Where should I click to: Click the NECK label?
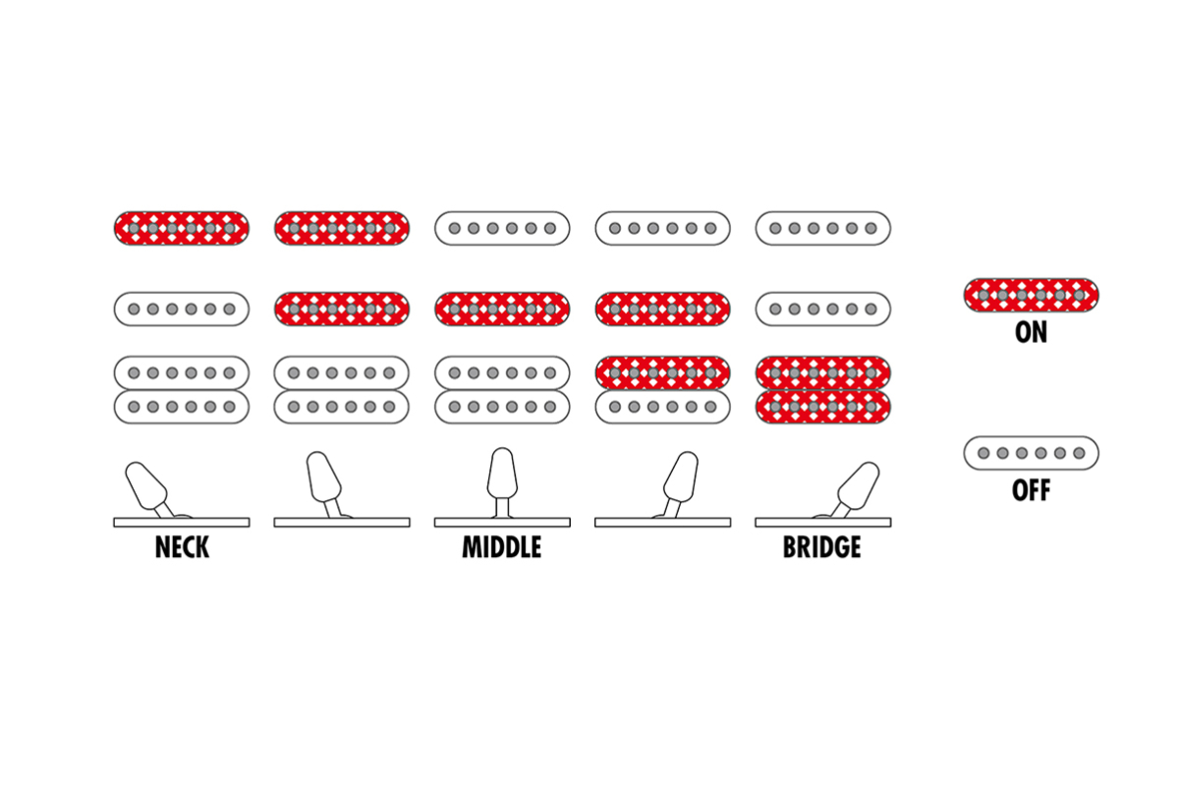point(182,547)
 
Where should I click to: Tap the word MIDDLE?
point(502,547)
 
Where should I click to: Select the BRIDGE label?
point(822,547)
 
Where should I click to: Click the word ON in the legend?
point(1031,332)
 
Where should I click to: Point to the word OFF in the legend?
point(1031,489)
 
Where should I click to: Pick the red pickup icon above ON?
point(1031,294)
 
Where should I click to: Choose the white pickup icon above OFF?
point(1031,453)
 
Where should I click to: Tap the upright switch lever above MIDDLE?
point(502,477)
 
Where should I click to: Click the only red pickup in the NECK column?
point(182,228)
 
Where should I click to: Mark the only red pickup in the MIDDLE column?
point(502,309)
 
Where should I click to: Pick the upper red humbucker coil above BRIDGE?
point(822,373)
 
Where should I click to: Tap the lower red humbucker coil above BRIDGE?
point(822,407)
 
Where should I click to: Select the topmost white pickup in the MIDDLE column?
point(502,228)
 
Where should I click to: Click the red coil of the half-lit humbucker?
point(662,373)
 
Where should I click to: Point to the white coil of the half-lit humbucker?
point(662,407)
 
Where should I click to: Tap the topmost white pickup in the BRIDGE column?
point(822,228)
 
